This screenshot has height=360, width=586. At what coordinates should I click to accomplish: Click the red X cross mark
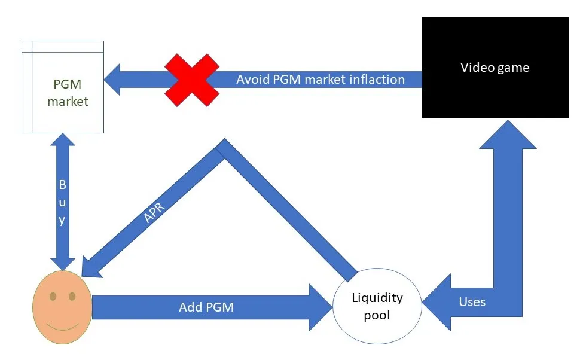[192, 80]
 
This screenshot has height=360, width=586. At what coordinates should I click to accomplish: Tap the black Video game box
[495, 68]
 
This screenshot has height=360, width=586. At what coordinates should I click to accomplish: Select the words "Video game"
[495, 68]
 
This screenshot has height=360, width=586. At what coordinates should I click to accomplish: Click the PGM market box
[63, 87]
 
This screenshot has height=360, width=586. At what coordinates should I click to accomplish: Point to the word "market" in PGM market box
[68, 101]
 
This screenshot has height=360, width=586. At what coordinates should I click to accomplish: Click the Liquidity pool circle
[377, 306]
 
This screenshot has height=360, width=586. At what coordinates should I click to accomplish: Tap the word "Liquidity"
[377, 298]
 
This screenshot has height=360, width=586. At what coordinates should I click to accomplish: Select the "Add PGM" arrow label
[206, 307]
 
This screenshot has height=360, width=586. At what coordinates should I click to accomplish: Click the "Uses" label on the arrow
[472, 301]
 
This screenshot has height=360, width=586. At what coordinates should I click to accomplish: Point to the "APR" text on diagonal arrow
[154, 213]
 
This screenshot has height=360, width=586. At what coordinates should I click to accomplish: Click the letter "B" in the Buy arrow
[62, 184]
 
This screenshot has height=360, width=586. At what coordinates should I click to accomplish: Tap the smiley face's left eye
[53, 297]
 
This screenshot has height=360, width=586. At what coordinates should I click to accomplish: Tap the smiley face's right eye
[72, 297]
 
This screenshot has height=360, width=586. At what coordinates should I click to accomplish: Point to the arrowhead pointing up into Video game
[508, 135]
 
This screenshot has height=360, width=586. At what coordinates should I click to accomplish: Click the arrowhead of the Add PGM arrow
[321, 307]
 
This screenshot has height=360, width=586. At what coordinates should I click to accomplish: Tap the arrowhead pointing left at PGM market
[112, 80]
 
